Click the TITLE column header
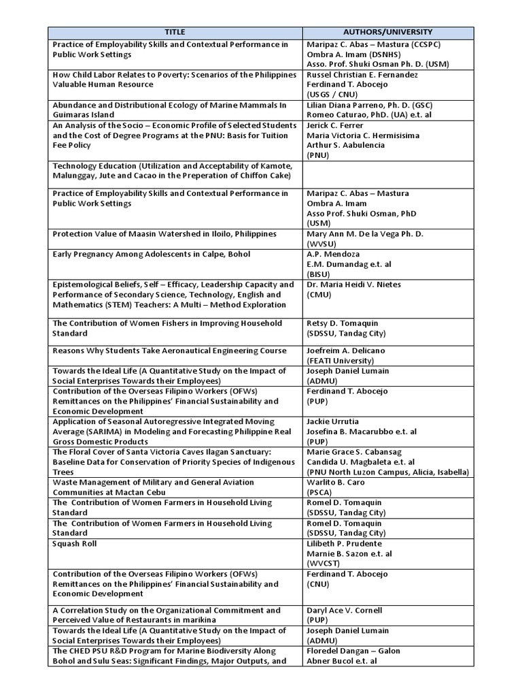(x=175, y=32)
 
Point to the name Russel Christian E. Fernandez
(x=362, y=75)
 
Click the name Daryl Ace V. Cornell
(x=344, y=611)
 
